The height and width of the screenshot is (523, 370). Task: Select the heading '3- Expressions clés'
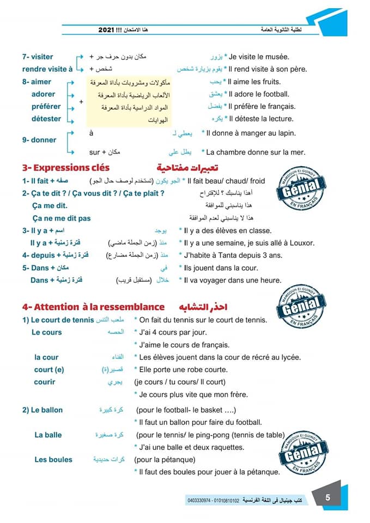[66, 168]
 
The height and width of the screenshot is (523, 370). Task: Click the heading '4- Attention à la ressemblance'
[93, 307]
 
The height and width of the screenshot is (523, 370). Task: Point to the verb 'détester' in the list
[47, 119]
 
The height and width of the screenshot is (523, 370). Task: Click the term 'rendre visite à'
[47, 69]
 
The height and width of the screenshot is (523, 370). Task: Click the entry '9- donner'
[39, 140]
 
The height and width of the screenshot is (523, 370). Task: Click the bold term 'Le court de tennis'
[58, 320]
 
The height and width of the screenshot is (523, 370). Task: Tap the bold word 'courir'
[45, 382]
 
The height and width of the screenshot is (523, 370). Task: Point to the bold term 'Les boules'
[53, 460]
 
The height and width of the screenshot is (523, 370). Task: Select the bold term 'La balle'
[48, 435]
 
